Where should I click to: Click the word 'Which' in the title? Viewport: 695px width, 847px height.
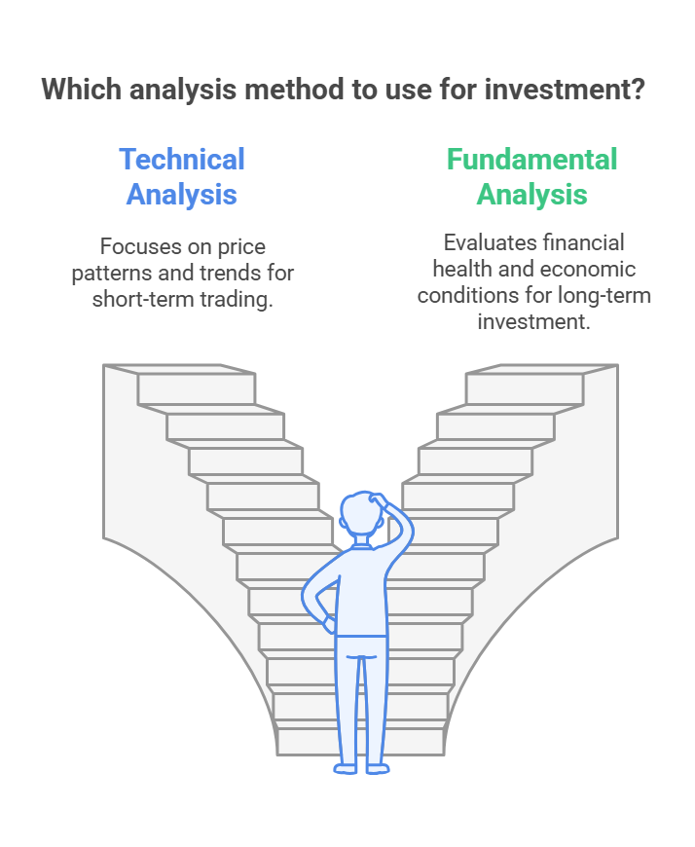point(82,90)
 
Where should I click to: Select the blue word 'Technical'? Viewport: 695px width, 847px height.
point(182,160)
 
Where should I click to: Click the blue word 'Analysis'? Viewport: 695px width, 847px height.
point(182,195)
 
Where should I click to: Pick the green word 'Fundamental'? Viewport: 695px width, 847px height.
point(531,160)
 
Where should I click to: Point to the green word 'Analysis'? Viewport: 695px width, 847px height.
point(531,195)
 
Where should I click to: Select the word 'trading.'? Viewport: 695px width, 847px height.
point(237,299)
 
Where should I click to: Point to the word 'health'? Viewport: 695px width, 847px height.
point(462,269)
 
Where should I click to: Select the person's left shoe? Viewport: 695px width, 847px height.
point(346,768)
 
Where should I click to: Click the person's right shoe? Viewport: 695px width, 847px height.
point(378,768)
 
